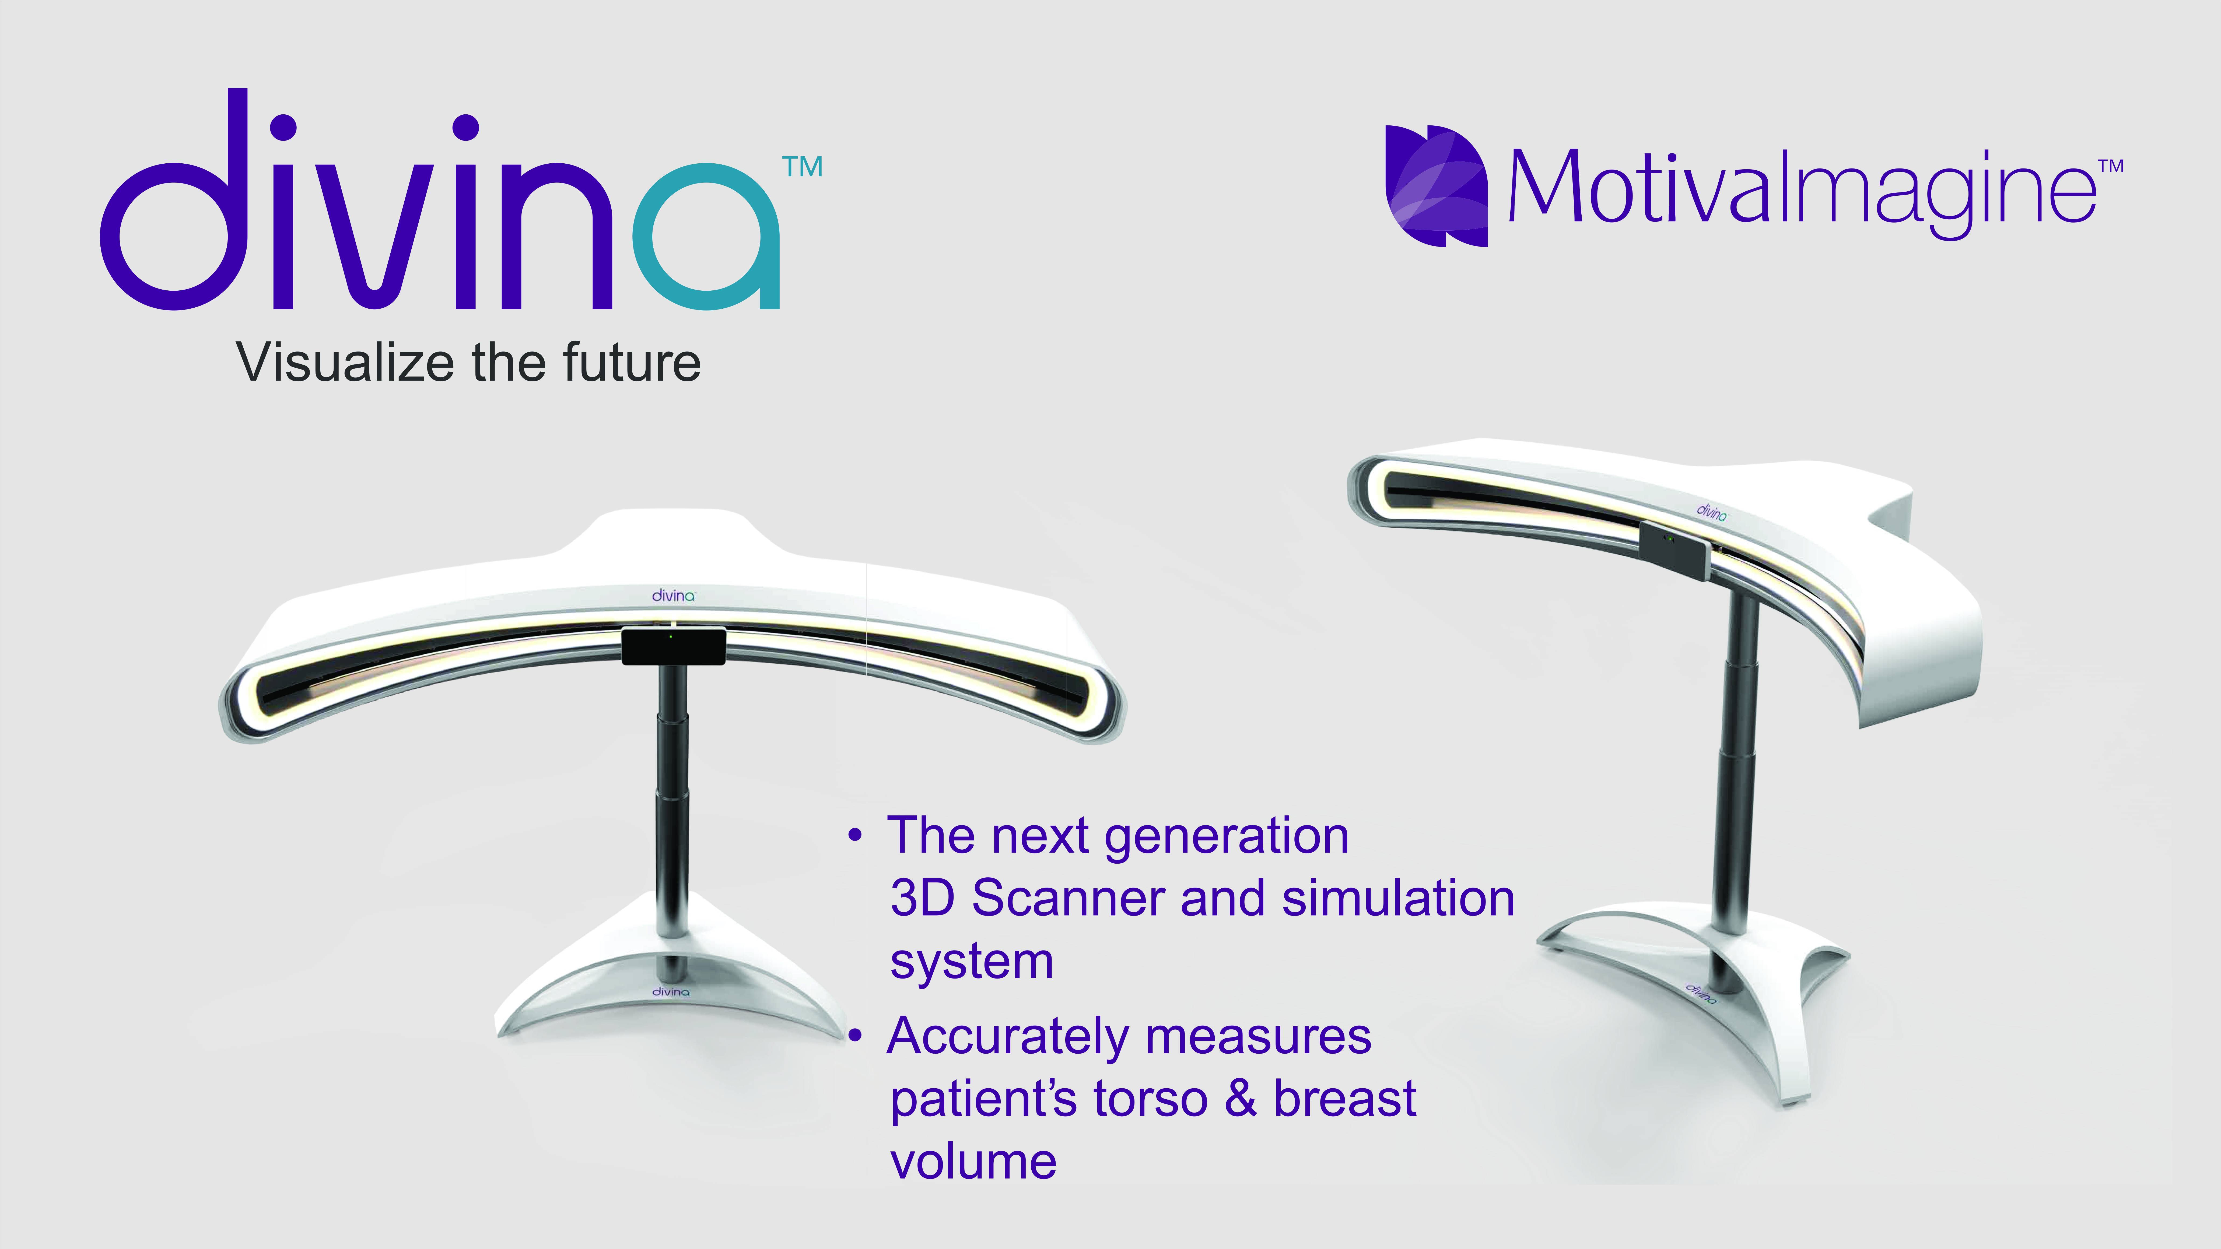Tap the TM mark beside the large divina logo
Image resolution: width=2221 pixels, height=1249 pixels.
tap(802, 167)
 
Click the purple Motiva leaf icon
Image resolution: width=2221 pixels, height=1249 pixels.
tap(1435, 186)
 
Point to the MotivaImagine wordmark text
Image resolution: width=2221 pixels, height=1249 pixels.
tap(1802, 191)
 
